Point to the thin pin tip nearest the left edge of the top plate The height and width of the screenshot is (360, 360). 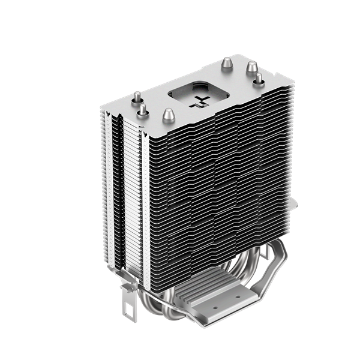click(137, 96)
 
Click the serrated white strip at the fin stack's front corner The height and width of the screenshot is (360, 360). click(143, 198)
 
